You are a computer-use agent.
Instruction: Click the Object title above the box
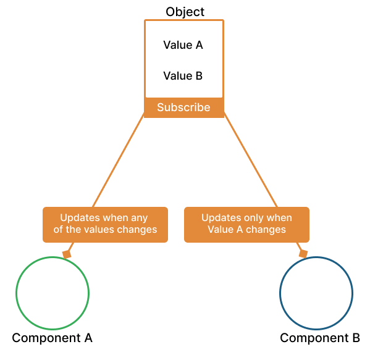(x=185, y=12)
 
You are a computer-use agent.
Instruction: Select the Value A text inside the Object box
(x=183, y=45)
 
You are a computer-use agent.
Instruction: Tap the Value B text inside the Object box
(x=183, y=76)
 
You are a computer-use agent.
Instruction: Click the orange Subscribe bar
(x=183, y=107)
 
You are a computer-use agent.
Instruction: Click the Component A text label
(x=53, y=338)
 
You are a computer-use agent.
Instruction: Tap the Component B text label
(x=320, y=338)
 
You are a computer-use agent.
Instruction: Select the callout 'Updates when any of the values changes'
(x=105, y=224)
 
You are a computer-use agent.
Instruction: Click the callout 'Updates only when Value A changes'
(x=246, y=224)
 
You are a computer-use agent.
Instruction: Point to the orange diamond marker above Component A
(x=67, y=254)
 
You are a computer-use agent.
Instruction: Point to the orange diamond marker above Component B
(x=303, y=254)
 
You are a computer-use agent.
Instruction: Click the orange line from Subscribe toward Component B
(x=250, y=162)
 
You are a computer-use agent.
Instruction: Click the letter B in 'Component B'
(x=356, y=338)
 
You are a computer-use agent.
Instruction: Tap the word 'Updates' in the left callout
(x=77, y=218)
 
